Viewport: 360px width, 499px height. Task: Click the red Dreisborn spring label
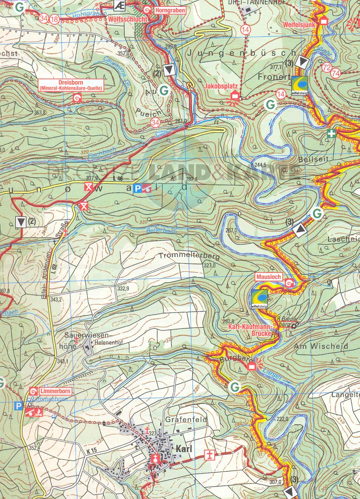coord(71,85)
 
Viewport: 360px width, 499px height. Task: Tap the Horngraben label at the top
coord(171,11)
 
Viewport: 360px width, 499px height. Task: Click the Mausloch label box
coord(269,277)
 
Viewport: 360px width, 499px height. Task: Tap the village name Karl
coord(184,449)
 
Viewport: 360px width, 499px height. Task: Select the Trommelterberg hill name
coord(189,256)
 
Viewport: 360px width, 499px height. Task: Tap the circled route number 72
coord(326,68)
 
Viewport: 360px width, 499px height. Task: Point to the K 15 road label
coord(91,451)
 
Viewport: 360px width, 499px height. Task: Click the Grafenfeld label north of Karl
coord(186,419)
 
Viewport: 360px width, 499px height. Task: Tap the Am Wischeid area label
coord(321,346)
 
